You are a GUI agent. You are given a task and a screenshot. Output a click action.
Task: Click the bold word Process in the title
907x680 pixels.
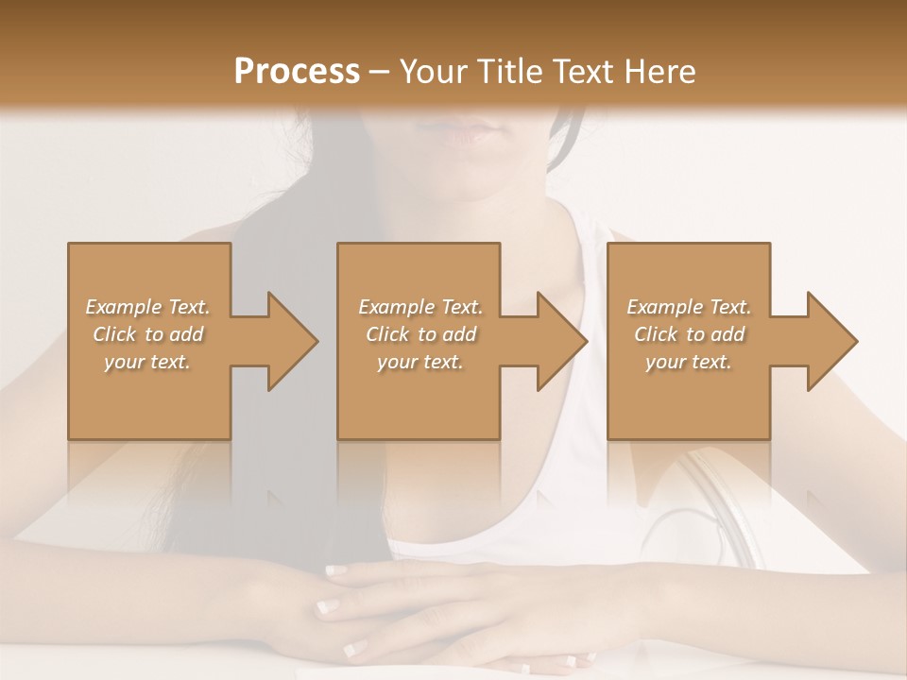(297, 71)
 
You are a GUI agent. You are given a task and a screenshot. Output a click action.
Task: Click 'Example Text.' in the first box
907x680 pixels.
(147, 307)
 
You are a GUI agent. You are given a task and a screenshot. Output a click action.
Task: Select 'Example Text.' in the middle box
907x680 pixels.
(419, 307)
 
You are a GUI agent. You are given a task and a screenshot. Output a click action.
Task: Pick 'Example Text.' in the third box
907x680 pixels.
(689, 307)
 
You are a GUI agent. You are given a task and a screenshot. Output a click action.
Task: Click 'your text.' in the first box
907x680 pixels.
(147, 362)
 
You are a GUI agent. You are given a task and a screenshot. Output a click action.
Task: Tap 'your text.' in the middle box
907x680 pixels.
(419, 362)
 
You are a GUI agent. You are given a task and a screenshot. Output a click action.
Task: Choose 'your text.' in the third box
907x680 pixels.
(689, 362)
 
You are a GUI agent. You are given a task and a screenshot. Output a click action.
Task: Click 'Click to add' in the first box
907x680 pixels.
(147, 334)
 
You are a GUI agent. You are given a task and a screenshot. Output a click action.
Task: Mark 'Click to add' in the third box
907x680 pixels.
(689, 334)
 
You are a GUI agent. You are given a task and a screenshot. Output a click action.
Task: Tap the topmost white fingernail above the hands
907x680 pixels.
(336, 570)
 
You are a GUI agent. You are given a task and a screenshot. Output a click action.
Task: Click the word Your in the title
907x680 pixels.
(432, 71)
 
